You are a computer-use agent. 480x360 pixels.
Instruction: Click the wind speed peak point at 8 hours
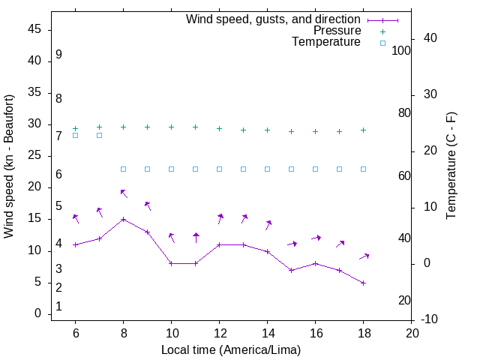pyautogui.click(x=123, y=220)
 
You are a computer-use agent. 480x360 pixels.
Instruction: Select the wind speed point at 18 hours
pyautogui.click(x=363, y=283)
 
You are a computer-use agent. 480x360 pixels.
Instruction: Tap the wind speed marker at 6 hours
pyautogui.click(x=75, y=244)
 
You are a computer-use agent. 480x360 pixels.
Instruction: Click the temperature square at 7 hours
pyautogui.click(x=99, y=135)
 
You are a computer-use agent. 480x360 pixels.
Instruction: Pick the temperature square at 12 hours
pyautogui.click(x=219, y=169)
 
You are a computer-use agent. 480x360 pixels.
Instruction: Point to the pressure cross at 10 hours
pyautogui.click(x=171, y=127)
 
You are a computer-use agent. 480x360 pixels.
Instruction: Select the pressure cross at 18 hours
pyautogui.click(x=363, y=130)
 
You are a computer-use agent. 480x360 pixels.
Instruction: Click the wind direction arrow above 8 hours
pyautogui.click(x=123, y=193)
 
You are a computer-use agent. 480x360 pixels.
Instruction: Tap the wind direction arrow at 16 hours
pyautogui.click(x=316, y=238)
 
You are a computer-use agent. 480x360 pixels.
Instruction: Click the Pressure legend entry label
pyautogui.click(x=337, y=31)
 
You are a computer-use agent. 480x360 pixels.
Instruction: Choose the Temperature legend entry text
pyautogui.click(x=326, y=42)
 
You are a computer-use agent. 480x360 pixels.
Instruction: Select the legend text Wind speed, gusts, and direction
pyautogui.click(x=273, y=19)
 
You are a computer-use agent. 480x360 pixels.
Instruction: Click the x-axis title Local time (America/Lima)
pyautogui.click(x=231, y=349)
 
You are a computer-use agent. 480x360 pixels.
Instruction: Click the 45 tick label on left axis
pyautogui.click(x=34, y=30)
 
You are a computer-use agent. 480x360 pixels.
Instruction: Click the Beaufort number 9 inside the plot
pyautogui.click(x=58, y=55)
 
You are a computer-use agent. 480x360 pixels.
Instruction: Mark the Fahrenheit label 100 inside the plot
pyautogui.click(x=401, y=50)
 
